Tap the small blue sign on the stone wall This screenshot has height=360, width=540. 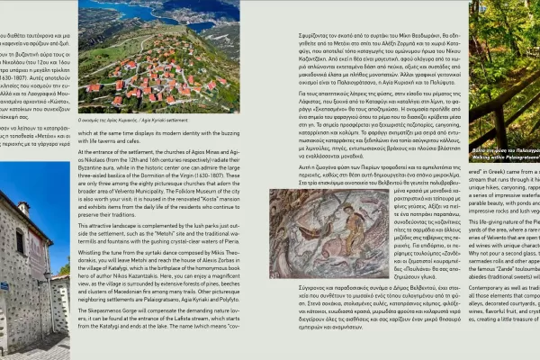pyautogui.click(x=4, y=286)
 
